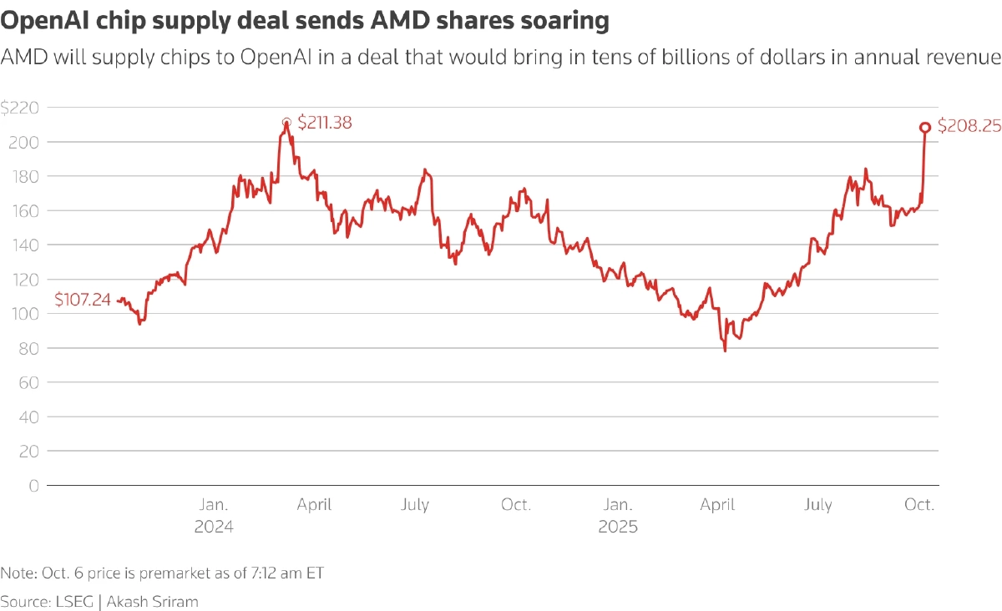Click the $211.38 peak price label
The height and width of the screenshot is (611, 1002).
pyautogui.click(x=325, y=123)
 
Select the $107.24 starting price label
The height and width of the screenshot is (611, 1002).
pyautogui.click(x=83, y=300)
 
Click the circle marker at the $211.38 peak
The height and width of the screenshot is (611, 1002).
pyautogui.click(x=286, y=123)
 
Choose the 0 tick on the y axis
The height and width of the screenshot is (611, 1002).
pyautogui.click(x=33, y=485)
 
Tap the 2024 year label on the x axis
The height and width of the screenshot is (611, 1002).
pyautogui.click(x=214, y=528)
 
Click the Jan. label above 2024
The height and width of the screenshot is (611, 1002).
pyautogui.click(x=214, y=505)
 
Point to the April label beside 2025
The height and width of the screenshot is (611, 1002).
pyautogui.click(x=717, y=505)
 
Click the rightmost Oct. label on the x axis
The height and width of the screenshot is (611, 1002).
pyautogui.click(x=919, y=505)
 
